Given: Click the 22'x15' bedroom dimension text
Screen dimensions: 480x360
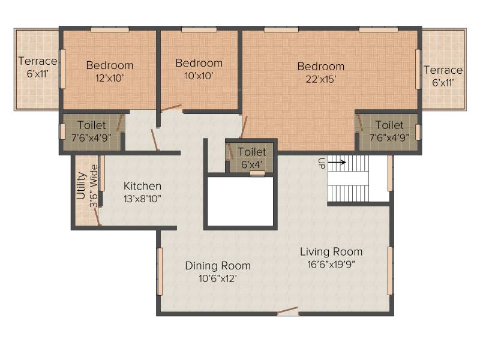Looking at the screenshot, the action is pyautogui.click(x=321, y=79).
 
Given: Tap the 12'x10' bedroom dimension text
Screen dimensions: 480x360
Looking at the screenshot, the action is pyautogui.click(x=110, y=78).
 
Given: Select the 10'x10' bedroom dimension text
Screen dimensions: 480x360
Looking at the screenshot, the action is pyautogui.click(x=199, y=76).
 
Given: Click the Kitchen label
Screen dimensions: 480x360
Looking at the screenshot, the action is pyautogui.click(x=142, y=186).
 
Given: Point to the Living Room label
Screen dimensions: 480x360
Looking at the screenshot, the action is pyautogui.click(x=331, y=251).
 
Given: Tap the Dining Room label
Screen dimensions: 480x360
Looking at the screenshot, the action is pyautogui.click(x=218, y=265).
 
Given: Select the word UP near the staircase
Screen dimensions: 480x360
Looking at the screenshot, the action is pyautogui.click(x=321, y=163).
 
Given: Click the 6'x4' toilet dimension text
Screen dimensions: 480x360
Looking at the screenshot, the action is pyautogui.click(x=251, y=164).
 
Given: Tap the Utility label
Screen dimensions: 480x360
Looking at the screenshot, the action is pyautogui.click(x=80, y=186).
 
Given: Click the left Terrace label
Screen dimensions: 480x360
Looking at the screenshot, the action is pyautogui.click(x=38, y=61).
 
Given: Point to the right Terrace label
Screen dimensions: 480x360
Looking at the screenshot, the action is pyautogui.click(x=443, y=70).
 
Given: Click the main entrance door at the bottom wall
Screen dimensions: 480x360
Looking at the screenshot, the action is pyautogui.click(x=287, y=311).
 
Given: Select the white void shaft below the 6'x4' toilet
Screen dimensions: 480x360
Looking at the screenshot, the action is pyautogui.click(x=241, y=202).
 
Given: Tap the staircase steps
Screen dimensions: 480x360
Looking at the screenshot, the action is pyautogui.click(x=349, y=178).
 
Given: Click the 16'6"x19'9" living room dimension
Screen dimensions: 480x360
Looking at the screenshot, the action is pyautogui.click(x=331, y=264).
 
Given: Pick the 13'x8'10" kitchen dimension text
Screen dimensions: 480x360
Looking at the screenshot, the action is pyautogui.click(x=142, y=199).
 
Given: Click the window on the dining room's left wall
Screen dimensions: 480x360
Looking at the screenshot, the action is pyautogui.click(x=160, y=272).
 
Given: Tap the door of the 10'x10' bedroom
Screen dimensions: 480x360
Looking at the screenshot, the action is pyautogui.click(x=172, y=107).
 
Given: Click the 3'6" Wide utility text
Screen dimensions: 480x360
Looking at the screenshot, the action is pyautogui.click(x=94, y=186).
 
